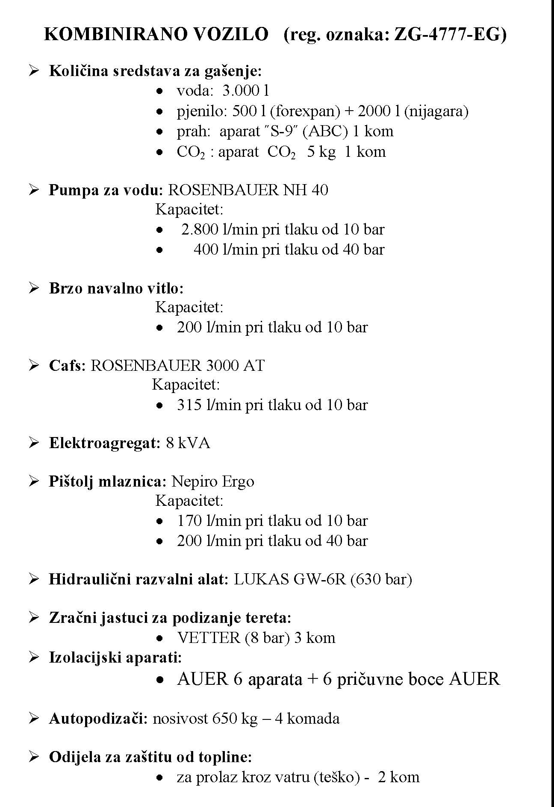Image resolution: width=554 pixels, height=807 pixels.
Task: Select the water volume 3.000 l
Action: [245, 91]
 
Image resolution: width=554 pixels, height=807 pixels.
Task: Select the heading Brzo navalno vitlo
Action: [116, 288]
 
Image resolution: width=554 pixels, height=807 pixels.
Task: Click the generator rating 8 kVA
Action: [188, 443]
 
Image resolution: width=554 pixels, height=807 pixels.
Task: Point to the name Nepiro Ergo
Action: [212, 481]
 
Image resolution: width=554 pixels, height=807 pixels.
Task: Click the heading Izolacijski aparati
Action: [115, 657]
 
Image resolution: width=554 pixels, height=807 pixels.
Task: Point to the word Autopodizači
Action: [98, 719]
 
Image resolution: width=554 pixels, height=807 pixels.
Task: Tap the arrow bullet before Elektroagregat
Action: [34, 443]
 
